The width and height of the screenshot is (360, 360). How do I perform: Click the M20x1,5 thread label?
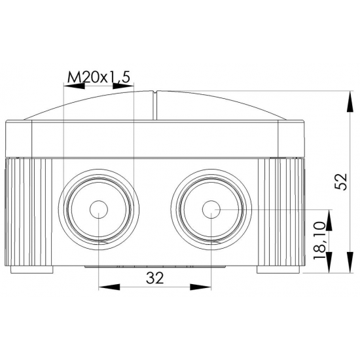click(x=99, y=77)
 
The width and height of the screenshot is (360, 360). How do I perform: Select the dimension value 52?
click(x=341, y=181)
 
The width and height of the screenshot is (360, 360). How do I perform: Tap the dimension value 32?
click(x=154, y=278)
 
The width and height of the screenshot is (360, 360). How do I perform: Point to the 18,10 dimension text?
click(x=319, y=240)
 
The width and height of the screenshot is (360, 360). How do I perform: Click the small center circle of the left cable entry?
click(x=99, y=209)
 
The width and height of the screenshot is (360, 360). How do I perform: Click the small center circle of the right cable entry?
click(x=211, y=209)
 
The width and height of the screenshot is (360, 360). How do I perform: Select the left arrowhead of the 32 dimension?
click(x=109, y=287)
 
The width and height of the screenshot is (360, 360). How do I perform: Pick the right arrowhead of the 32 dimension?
click(x=200, y=287)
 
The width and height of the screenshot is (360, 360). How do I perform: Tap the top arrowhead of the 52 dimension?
click(x=350, y=101)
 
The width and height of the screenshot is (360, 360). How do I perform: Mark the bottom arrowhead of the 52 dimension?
click(x=350, y=262)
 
